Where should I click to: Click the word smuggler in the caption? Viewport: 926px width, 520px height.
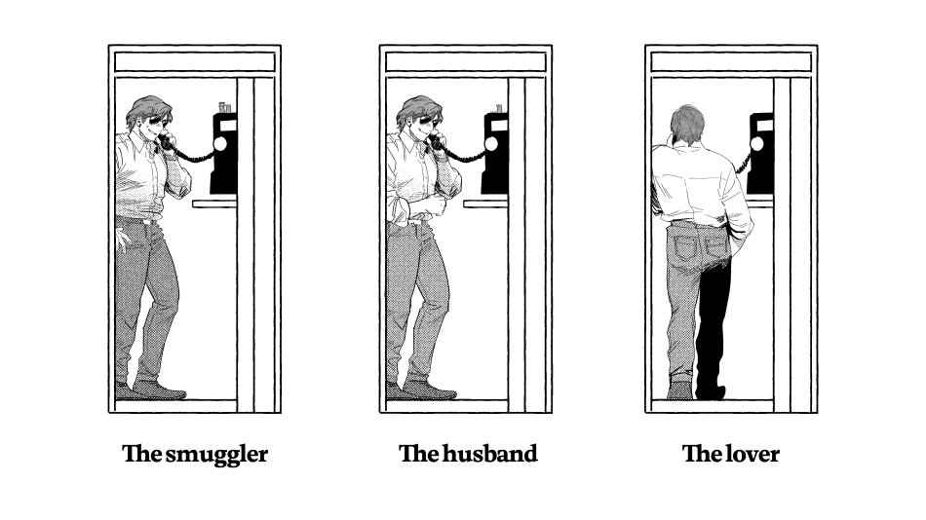216,455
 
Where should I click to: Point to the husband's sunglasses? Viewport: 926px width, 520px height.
429,121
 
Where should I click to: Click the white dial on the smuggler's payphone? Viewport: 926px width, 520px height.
219,143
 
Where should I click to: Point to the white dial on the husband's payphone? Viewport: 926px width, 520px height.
490,143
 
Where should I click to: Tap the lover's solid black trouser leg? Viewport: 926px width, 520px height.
714,318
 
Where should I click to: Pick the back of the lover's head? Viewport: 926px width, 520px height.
687,124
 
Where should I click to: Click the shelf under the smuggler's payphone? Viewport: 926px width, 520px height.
214,204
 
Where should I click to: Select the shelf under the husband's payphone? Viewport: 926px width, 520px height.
485,204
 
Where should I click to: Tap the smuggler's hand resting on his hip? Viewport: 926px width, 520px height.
122,238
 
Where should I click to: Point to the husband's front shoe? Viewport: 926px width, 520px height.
430,390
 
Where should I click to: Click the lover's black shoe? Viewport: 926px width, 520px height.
711,391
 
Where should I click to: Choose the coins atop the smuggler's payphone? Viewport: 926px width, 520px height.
224,107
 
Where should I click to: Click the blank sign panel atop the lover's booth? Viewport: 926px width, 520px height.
731,62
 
